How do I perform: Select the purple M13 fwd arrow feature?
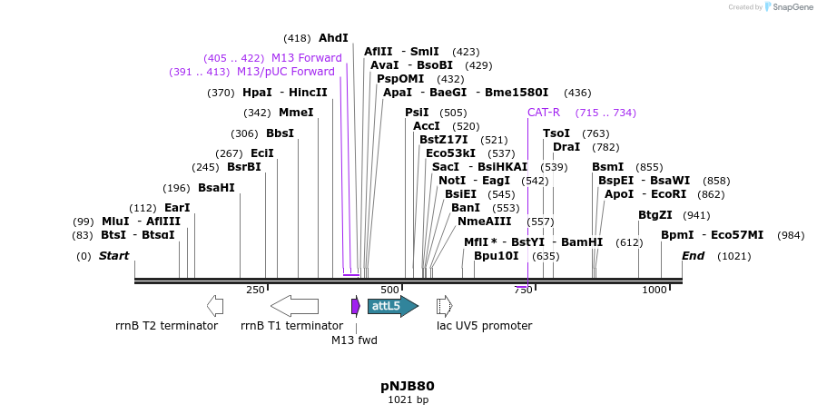coord(356,306)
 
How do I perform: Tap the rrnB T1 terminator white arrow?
coord(294,306)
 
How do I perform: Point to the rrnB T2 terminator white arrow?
coord(215,306)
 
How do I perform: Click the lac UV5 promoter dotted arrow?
coord(444,306)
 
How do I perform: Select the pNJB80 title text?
coord(408,386)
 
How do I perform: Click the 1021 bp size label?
coord(408,399)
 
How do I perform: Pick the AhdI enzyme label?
coord(333,38)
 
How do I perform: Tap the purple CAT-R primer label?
coord(544,113)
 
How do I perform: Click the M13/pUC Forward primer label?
coord(285,72)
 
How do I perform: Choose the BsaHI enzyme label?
coord(216,188)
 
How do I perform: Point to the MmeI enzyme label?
coord(296,113)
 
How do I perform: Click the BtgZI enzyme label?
coord(655,215)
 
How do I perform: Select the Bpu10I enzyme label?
coord(497,256)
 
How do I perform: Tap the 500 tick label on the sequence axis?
coord(389,290)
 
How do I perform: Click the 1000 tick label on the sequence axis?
coord(654,290)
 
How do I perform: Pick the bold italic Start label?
coord(113,256)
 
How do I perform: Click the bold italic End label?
coord(693,256)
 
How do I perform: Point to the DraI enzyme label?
coord(566,147)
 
